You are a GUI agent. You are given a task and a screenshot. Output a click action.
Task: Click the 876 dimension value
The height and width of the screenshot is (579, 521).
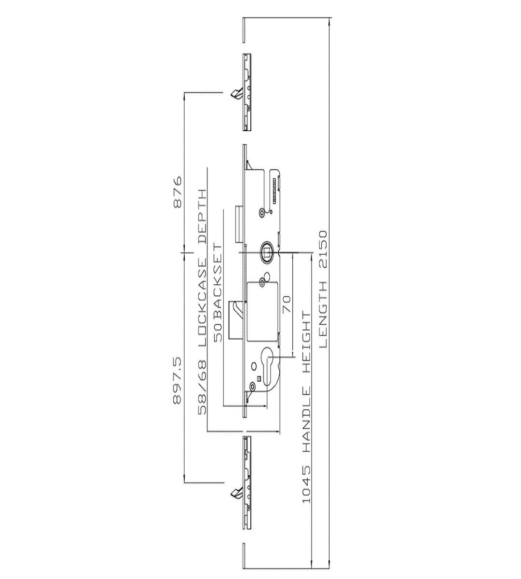(178, 192)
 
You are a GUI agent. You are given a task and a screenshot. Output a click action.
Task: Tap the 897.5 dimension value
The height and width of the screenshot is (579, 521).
(178, 381)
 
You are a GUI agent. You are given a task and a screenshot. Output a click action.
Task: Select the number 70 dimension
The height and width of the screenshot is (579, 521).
(288, 304)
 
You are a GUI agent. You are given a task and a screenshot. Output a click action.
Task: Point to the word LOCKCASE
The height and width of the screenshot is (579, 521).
(202, 303)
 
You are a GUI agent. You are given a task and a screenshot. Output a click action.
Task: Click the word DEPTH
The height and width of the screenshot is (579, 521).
(202, 217)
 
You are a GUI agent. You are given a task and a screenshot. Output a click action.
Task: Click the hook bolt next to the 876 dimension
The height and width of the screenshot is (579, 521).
(235, 93)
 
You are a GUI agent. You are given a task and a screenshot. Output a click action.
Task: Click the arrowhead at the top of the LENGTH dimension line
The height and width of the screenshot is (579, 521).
(330, 22)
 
